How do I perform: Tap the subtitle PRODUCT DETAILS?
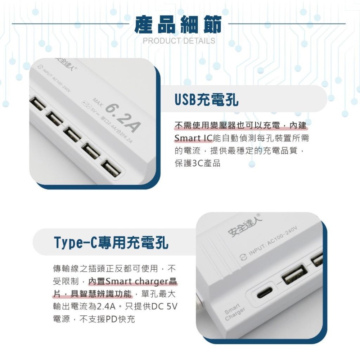(179, 41)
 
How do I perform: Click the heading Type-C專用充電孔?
(111, 243)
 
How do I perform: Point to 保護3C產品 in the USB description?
(197, 163)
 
